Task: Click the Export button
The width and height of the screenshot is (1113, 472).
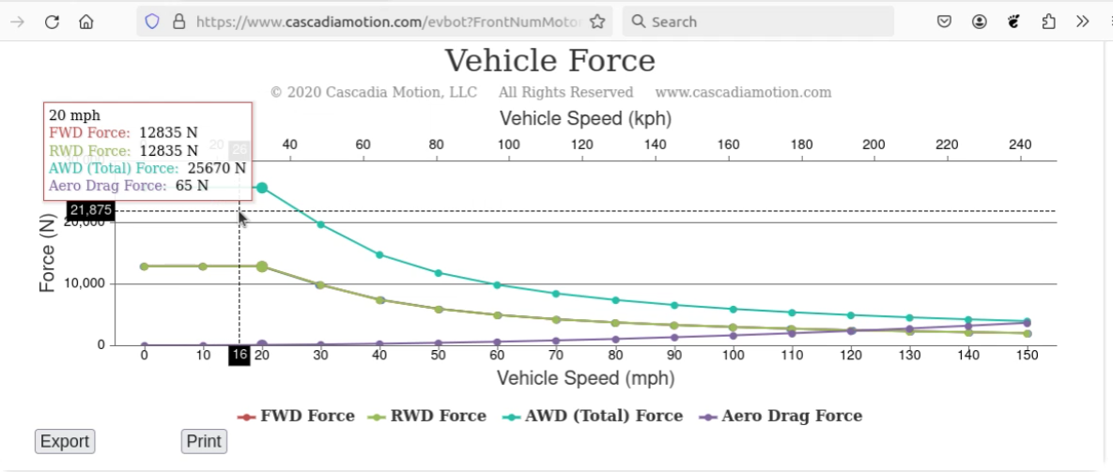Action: click(x=65, y=441)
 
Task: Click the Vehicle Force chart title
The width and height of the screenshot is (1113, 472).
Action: click(x=549, y=61)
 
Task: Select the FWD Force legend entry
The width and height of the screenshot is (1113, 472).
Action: click(x=297, y=416)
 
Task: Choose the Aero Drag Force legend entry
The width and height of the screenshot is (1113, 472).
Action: click(x=781, y=416)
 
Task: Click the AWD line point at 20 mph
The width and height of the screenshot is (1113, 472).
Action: click(x=262, y=188)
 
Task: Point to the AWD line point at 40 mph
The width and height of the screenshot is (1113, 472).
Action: click(x=379, y=254)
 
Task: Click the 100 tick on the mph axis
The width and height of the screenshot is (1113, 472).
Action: click(x=734, y=356)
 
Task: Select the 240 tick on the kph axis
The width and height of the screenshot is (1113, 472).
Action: click(x=1019, y=145)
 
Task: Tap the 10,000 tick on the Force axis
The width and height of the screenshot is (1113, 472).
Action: click(x=86, y=283)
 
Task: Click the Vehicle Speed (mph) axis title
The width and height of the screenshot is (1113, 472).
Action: click(x=585, y=378)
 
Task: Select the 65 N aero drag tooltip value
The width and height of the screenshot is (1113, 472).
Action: click(x=192, y=186)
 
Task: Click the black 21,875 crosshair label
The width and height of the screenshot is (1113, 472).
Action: click(x=90, y=210)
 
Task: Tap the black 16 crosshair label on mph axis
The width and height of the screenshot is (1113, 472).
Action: click(x=239, y=356)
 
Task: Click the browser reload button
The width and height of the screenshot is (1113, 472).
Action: click(x=52, y=22)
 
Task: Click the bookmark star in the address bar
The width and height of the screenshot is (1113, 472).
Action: click(x=596, y=22)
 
